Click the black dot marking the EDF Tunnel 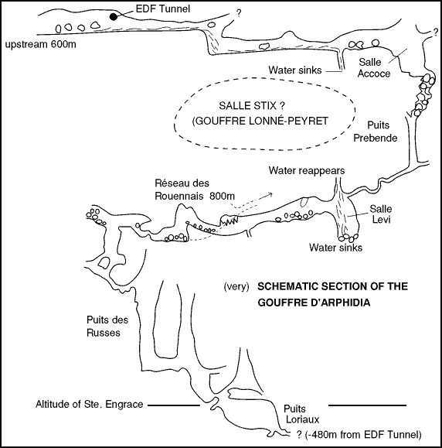[x=114, y=17]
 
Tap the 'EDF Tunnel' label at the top [x=162, y=9]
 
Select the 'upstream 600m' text [x=41, y=45]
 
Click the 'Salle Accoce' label [x=373, y=68]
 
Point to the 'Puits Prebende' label [x=376, y=132]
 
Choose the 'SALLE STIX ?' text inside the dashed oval [x=252, y=106]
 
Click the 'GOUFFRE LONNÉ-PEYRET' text [x=260, y=121]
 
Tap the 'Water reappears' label [x=307, y=170]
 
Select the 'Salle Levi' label [x=381, y=214]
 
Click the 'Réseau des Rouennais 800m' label [x=195, y=190]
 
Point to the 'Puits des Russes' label [x=107, y=326]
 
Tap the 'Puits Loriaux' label [x=301, y=414]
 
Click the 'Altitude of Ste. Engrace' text [x=90, y=405]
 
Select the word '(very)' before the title [x=236, y=286]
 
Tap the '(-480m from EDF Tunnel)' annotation [x=363, y=435]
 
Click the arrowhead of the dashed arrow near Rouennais [x=270, y=194]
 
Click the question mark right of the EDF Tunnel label [x=239, y=13]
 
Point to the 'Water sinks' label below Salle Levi [x=335, y=248]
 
